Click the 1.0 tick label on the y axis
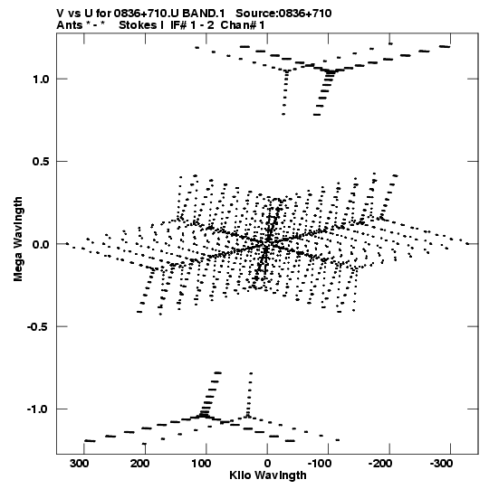pos(42,80)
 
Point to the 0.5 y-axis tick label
pos(42,162)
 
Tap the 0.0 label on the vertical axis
pos(42,244)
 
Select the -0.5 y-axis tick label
pos(38,326)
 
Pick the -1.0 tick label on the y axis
pos(38,409)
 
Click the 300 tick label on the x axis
pos(79,464)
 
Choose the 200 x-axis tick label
pos(140,464)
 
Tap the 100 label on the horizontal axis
pos(202,464)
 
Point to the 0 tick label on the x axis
pos(267,464)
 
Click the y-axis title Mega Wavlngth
pos(18,240)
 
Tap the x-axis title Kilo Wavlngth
pos(268,476)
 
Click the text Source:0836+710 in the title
pos(283,14)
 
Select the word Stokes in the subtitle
pos(138,25)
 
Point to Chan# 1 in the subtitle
pos(243,25)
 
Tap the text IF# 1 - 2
pos(192,25)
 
